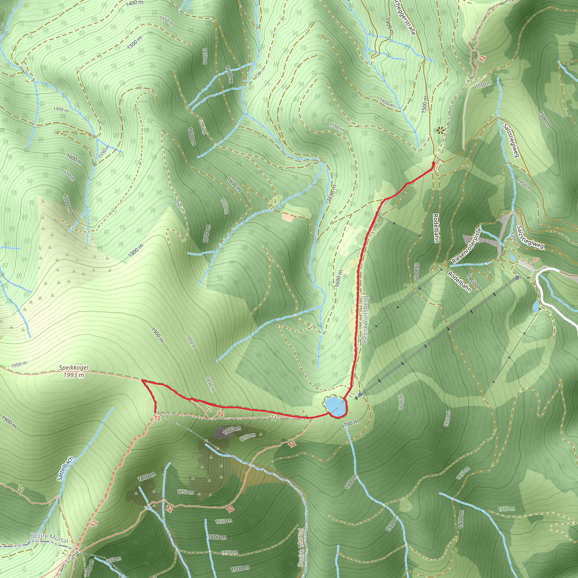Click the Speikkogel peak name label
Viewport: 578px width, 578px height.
point(74,368)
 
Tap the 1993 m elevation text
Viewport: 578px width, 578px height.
point(74,375)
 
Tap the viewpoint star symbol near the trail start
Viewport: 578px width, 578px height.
point(440,130)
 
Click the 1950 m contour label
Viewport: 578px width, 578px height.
point(19,364)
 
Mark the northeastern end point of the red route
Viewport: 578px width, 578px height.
point(433,163)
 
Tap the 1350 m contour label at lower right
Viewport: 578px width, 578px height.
point(506,509)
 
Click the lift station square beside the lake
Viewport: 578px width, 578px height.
point(360,395)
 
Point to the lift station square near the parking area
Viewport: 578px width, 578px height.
point(517,278)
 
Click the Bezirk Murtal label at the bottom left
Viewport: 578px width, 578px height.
point(49,538)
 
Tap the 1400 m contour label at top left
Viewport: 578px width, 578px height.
point(134,3)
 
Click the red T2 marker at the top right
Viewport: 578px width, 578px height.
point(482,58)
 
